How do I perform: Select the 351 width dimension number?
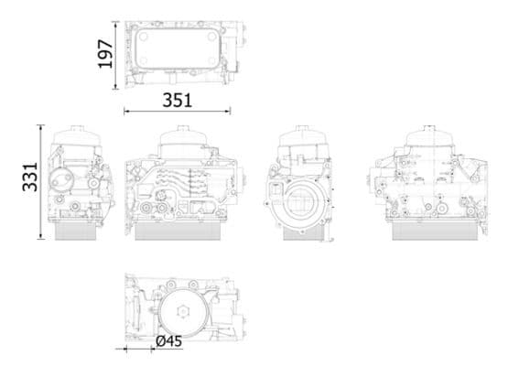(177, 101)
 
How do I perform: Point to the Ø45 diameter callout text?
(168, 341)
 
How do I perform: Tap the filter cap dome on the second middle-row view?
(187, 142)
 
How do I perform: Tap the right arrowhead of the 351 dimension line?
(229, 112)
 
